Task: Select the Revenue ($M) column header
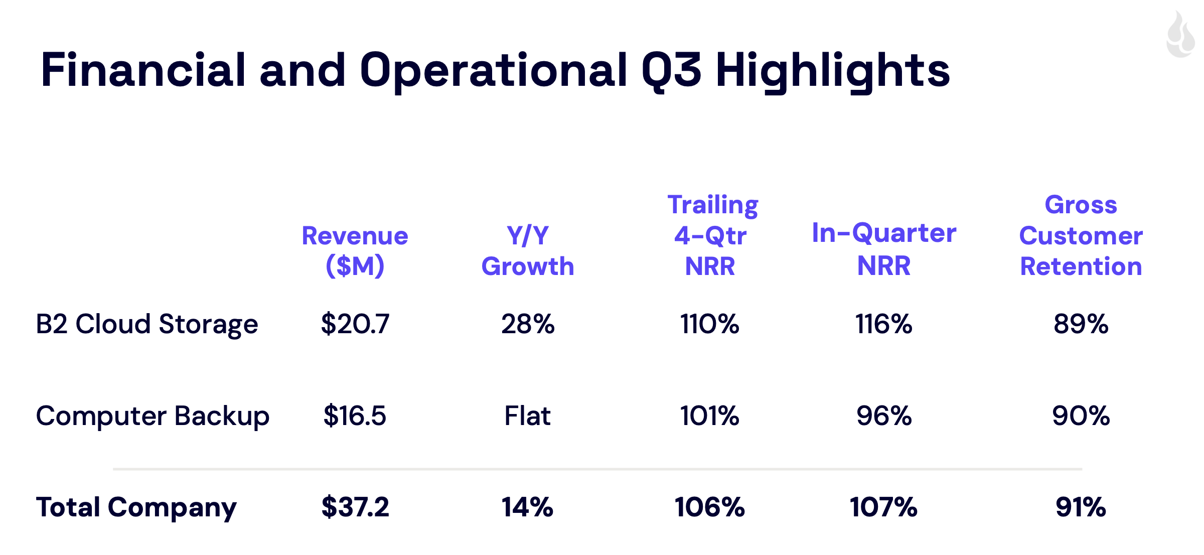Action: tap(355, 250)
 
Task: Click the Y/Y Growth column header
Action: tap(528, 250)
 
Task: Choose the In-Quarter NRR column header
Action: tap(884, 249)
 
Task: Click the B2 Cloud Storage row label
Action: tap(147, 324)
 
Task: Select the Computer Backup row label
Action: tap(153, 416)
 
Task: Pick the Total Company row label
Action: tap(136, 507)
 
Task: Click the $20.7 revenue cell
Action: tap(355, 324)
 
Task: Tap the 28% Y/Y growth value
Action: tap(528, 324)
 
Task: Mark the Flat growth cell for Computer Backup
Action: tap(527, 416)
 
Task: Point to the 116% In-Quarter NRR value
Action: tap(883, 324)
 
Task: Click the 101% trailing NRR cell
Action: tap(709, 416)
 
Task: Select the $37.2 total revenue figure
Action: tap(355, 507)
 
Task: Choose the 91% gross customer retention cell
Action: tap(1081, 507)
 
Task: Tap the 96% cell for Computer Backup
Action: tap(884, 416)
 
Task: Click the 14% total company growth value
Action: tap(527, 507)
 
